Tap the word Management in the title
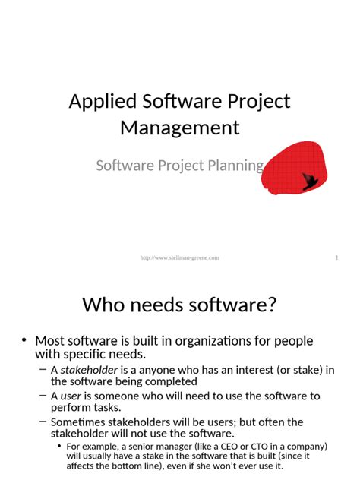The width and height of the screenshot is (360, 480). click(180, 127)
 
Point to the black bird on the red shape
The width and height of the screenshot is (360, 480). click(310, 181)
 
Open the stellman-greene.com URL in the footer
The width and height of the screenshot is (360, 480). click(180, 258)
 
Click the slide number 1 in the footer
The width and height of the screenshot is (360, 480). click(336, 258)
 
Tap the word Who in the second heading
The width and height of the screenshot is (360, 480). click(104, 305)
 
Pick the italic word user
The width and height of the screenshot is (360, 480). click(71, 396)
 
